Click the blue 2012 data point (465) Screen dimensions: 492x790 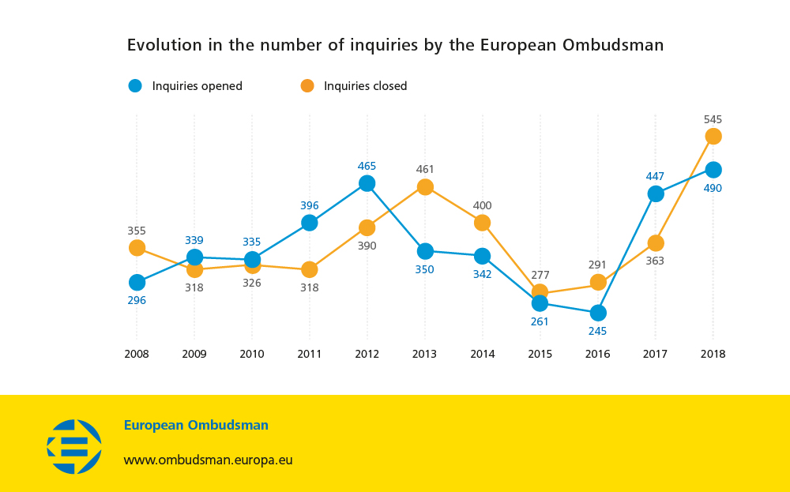(367, 183)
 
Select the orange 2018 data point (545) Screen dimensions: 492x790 (713, 137)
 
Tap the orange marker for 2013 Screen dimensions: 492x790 (425, 187)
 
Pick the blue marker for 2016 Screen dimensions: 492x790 (598, 314)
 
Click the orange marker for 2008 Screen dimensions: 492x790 (137, 248)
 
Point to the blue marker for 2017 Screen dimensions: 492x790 (655, 194)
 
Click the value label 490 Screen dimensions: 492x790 (713, 188)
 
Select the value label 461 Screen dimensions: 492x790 (425, 169)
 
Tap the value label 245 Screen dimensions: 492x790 (598, 332)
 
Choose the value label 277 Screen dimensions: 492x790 (540, 275)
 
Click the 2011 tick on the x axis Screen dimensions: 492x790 (310, 354)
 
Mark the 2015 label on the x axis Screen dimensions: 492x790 (540, 354)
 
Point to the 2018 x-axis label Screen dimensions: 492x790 (713, 354)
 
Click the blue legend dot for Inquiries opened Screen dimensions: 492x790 (135, 86)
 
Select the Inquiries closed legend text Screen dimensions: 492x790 (365, 86)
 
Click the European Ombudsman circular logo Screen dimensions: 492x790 (74, 446)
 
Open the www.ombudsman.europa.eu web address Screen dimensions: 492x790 (208, 460)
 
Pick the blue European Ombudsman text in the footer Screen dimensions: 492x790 (196, 425)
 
